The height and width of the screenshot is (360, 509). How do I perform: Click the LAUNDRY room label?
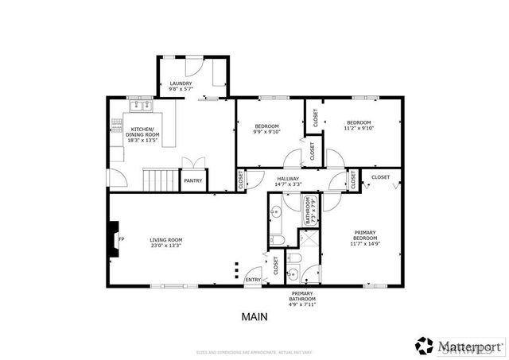(180, 83)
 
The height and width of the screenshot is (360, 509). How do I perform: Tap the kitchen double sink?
(142, 104)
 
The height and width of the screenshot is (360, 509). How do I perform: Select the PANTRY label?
(193, 180)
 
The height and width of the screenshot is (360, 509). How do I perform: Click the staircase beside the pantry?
(158, 180)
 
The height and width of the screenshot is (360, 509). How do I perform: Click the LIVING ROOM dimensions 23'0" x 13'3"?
(166, 245)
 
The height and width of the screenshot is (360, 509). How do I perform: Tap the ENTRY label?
(253, 280)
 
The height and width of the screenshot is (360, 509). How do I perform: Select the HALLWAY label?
(288, 179)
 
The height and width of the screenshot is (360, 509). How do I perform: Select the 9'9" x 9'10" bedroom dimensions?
(266, 131)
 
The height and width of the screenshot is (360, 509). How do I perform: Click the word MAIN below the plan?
(254, 316)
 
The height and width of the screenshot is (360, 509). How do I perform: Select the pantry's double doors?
(193, 163)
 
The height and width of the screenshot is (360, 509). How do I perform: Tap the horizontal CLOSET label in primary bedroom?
(380, 176)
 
